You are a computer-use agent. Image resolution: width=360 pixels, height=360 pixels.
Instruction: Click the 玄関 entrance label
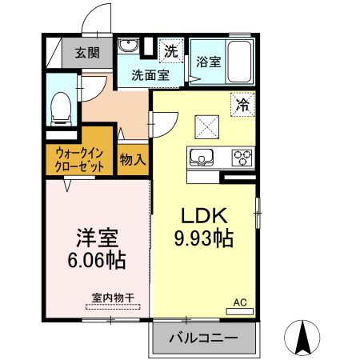click(x=88, y=54)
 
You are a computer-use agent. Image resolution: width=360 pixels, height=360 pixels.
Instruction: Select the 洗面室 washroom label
click(x=150, y=76)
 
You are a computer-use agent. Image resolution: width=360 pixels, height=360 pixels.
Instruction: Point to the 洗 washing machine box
click(x=170, y=50)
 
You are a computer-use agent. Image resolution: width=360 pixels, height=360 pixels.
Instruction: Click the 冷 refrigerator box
click(x=242, y=102)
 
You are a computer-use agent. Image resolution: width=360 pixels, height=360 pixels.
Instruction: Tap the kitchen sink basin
click(x=200, y=155)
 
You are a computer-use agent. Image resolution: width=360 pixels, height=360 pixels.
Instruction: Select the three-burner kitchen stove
click(x=242, y=156)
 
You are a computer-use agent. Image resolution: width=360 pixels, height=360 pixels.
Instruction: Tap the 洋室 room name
click(x=97, y=238)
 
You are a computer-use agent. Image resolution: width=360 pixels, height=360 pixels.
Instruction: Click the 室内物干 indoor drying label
click(x=112, y=298)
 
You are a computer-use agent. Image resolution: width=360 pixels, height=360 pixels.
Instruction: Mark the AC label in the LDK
click(x=239, y=302)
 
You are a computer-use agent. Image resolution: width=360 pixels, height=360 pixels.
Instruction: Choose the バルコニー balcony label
click(x=203, y=338)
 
